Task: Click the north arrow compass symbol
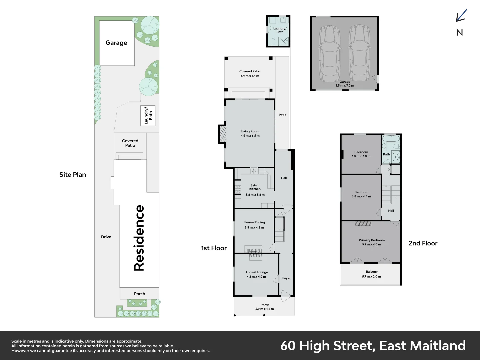pos(461,16)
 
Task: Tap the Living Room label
pos(250,131)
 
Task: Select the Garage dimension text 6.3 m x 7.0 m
pos(345,86)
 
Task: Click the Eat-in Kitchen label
pos(255,187)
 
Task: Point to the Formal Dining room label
pos(255,222)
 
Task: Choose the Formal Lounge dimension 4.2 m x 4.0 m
pos(256,277)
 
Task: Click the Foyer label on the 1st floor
pos(286,278)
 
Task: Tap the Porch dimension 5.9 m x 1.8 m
pos(265,309)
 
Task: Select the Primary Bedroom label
pos(372,240)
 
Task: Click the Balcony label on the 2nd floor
pos(372,272)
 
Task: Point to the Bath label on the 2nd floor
pos(386,154)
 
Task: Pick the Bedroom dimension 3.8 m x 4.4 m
pos(361,197)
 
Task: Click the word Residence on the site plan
pos(139,238)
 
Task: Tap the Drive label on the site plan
pos(106,237)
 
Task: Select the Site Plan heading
pos(73,175)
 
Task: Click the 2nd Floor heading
pos(423,243)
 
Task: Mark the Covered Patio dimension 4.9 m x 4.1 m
pos(250,76)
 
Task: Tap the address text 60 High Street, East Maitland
pos(373,346)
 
